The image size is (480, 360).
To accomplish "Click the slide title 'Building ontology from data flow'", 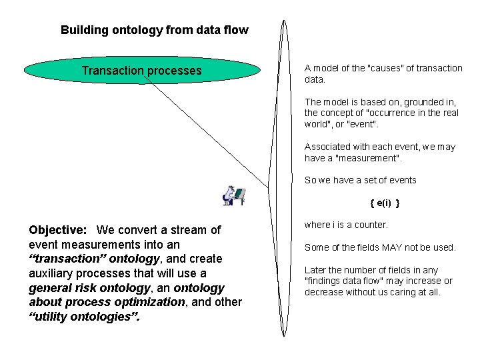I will click(154, 30).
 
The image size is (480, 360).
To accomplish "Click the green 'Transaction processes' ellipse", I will click(141, 71).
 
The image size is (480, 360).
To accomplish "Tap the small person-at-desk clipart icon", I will click(233, 195).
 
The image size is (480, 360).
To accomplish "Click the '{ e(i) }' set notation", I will click(385, 203).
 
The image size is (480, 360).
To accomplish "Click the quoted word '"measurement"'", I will click(369, 157).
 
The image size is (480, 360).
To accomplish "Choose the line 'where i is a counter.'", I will click(346, 225).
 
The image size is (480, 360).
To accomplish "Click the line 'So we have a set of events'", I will click(360, 180).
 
